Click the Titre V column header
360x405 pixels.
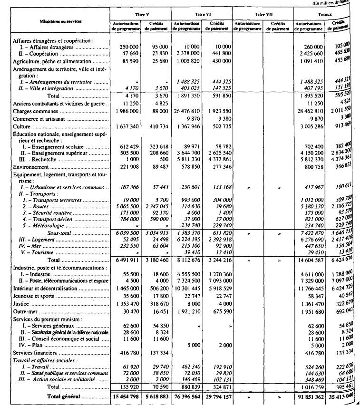click(140, 15)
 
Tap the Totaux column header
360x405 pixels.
click(324, 15)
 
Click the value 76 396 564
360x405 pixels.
click(186, 395)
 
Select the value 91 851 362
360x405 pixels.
click(309, 395)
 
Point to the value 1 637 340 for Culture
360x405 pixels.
click(126, 127)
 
